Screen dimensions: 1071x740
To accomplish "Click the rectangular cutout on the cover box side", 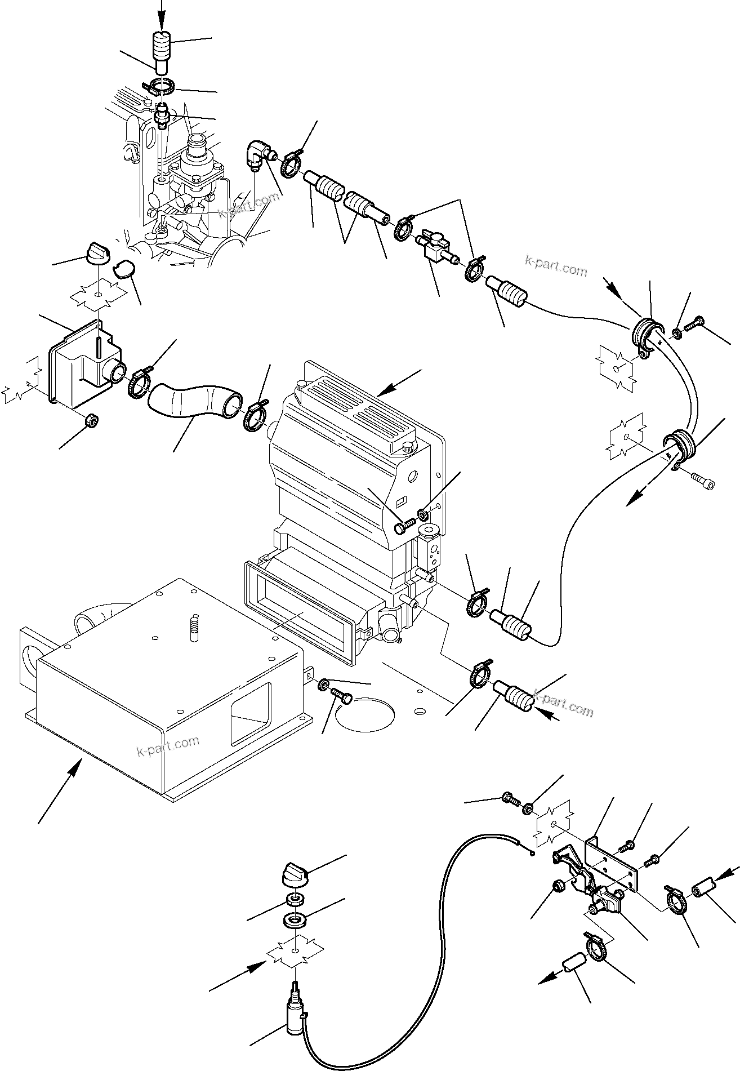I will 251,713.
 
